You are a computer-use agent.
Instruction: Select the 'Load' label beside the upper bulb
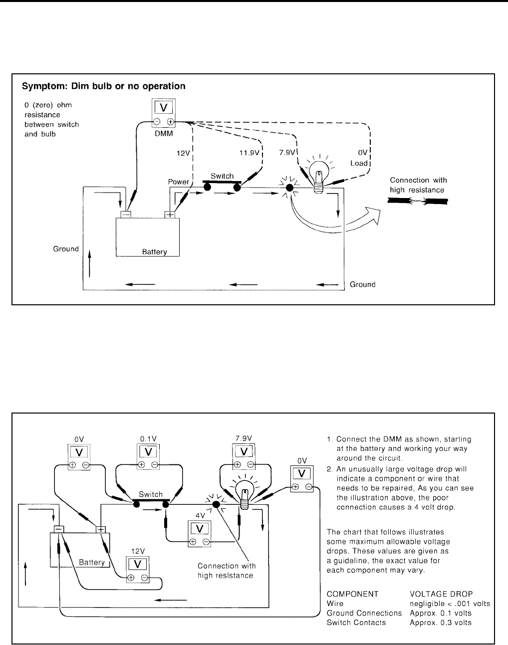tap(359, 163)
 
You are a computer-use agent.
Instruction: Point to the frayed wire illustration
tap(418, 201)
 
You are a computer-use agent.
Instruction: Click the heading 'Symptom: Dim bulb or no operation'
tap(103, 86)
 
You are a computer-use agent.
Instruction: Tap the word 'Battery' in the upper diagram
tap(154, 252)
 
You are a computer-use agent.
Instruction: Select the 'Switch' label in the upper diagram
tap(222, 176)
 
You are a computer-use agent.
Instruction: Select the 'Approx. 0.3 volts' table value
tap(441, 623)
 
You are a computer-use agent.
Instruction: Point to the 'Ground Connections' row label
tap(364, 613)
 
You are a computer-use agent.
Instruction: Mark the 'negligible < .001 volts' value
tap(450, 604)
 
